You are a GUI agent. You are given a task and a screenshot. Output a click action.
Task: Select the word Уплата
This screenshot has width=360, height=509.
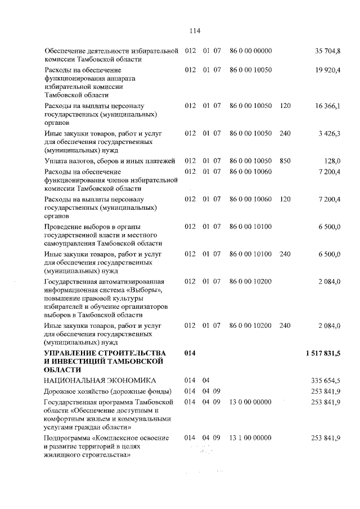[x=56, y=161]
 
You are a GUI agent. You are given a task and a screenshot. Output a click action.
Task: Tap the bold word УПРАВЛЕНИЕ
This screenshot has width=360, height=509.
[x=74, y=353]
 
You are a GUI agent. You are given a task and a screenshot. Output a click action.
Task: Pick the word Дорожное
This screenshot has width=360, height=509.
[x=62, y=391]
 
